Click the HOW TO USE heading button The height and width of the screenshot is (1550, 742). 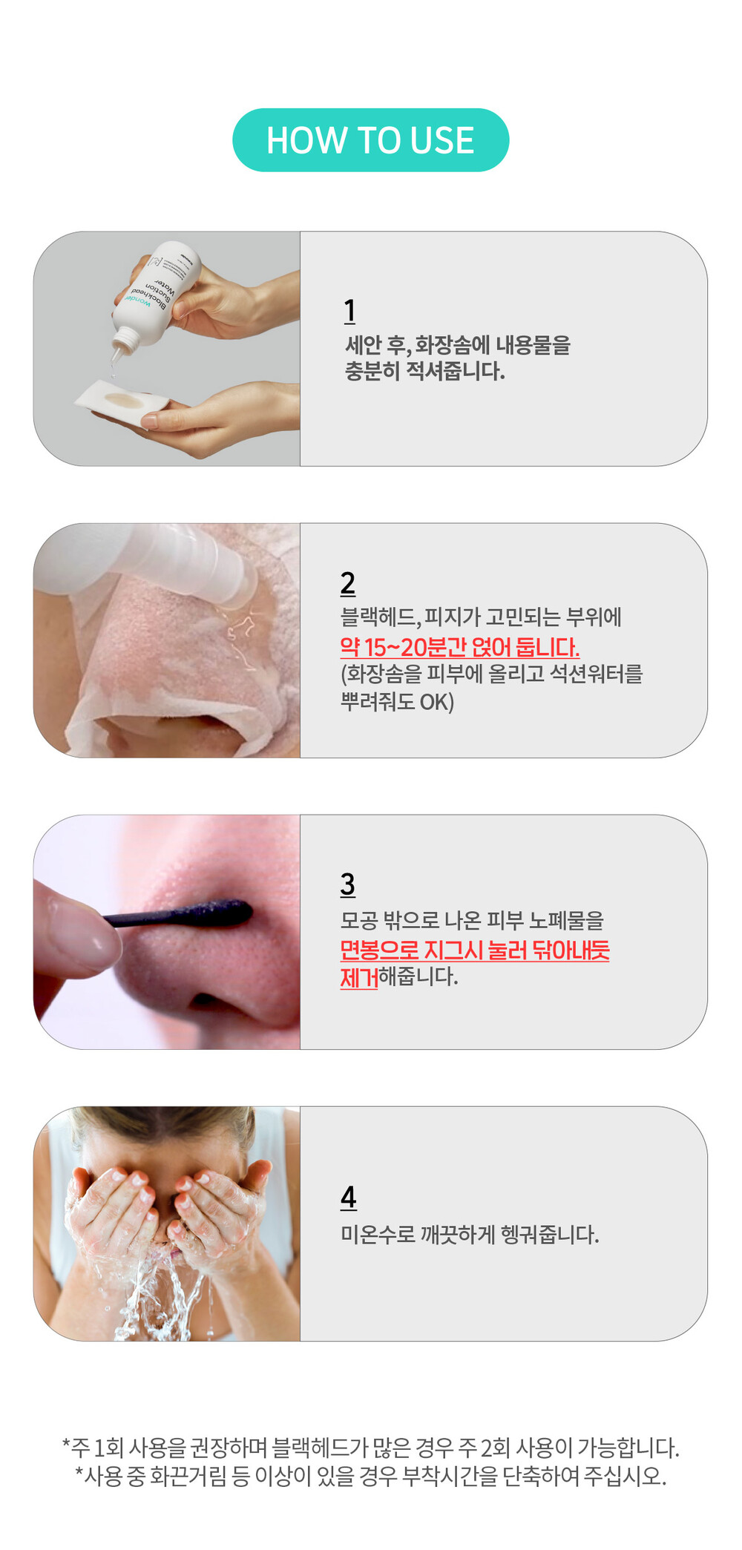370,140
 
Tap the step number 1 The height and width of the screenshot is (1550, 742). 349,311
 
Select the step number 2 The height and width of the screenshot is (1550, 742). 348,583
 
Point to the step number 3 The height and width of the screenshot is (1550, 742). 348,884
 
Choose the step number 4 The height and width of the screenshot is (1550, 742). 349,1197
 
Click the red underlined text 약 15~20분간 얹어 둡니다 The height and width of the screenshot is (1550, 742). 460,647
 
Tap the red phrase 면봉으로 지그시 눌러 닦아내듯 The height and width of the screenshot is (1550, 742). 475,950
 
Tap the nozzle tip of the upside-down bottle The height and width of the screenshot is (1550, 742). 116,357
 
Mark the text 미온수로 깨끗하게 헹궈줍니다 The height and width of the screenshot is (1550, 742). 470,1235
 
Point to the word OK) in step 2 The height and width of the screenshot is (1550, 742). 437,702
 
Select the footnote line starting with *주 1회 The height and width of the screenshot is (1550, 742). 371,1447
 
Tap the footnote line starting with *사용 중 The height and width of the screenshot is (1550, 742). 371,1476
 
